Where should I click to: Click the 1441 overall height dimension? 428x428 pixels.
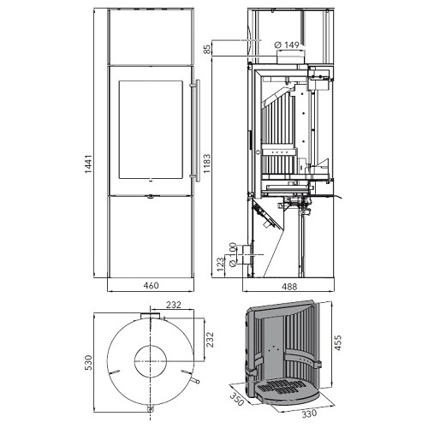pos(88,164)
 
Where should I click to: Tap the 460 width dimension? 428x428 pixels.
pos(151,285)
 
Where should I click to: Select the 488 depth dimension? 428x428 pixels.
pos(289,287)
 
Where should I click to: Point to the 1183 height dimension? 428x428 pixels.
pos(207,163)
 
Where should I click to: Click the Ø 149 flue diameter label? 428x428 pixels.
pos(287,45)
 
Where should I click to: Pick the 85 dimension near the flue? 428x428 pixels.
pos(207,49)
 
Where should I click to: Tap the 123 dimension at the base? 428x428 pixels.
pos(220,265)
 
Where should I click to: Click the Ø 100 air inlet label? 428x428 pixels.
pos(233,254)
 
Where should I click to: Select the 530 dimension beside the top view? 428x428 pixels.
pos(89,362)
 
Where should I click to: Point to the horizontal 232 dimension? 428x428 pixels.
pos(174,305)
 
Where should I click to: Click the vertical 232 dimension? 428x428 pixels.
pos(210,339)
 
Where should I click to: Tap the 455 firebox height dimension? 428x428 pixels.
pos(337,342)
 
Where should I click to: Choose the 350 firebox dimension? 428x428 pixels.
pos(236,399)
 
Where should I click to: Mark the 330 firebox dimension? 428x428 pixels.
pos(309,413)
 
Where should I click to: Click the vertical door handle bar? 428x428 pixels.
pos(198,130)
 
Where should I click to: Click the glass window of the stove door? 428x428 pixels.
pos(151,129)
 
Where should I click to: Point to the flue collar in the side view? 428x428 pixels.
pos(290,56)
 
